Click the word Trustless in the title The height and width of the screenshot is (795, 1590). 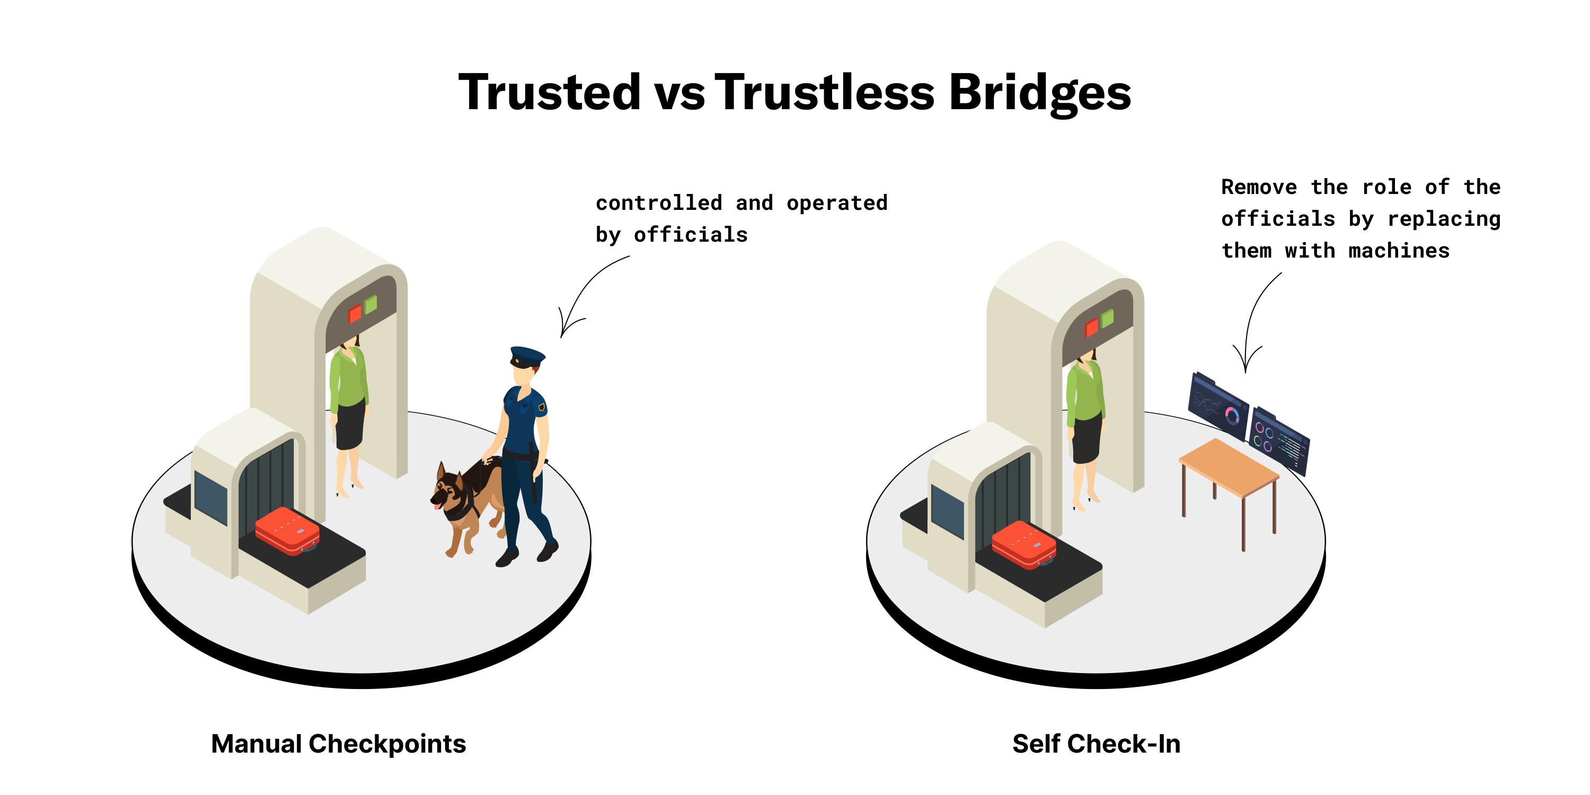point(825,92)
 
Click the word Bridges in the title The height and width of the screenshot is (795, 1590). point(1039,93)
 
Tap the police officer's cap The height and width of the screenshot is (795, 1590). point(527,356)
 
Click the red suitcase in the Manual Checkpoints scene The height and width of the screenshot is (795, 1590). point(288,531)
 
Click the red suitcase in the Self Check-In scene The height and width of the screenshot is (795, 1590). point(1024,544)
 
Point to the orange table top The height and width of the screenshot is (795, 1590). point(1229,466)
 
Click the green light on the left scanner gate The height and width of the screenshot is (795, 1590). point(370,304)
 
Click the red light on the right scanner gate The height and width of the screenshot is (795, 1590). point(1091,328)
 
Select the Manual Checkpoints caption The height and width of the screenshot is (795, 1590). point(338,744)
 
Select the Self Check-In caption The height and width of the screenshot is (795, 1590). point(1096,744)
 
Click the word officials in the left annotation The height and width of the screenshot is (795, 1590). point(691,235)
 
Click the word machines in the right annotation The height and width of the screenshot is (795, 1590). point(1399,251)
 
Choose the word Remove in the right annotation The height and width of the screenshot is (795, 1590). point(1259,187)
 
